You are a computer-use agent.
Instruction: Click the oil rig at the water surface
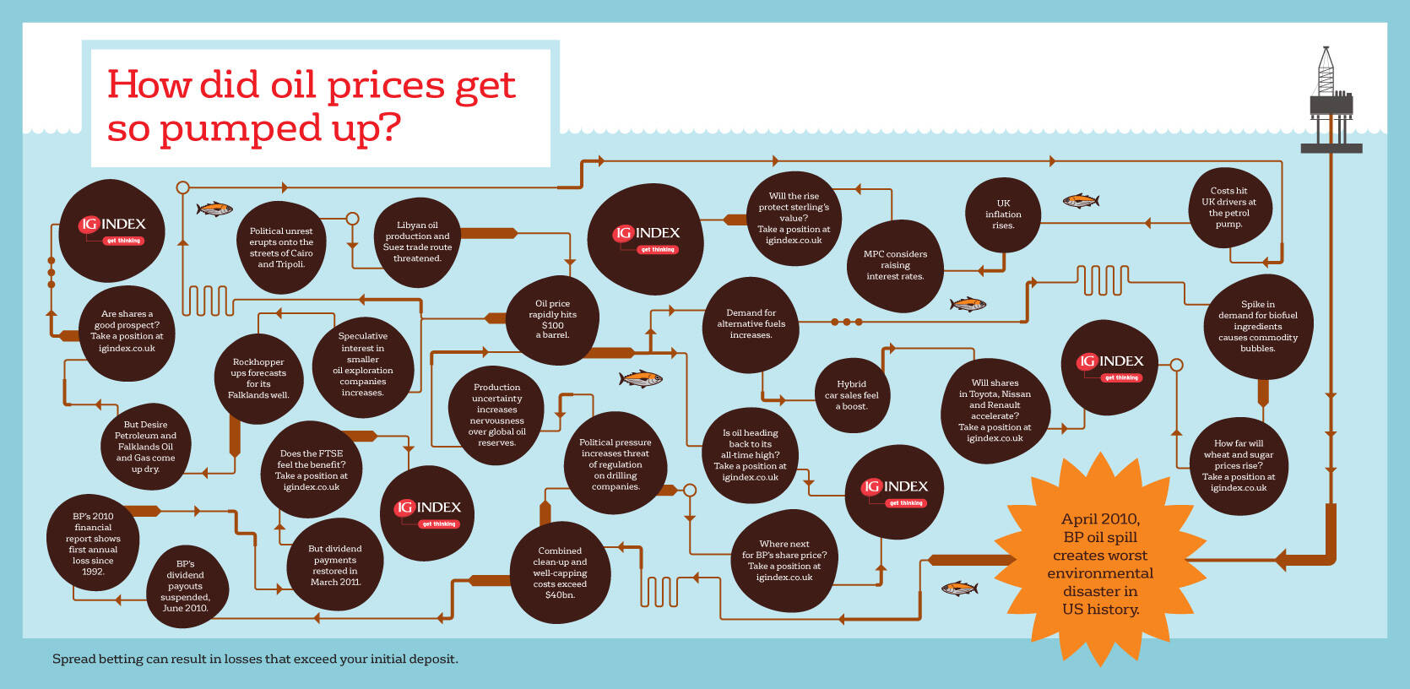point(1331,100)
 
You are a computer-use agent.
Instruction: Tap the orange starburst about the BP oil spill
point(1100,560)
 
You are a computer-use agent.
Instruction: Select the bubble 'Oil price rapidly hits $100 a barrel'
point(552,320)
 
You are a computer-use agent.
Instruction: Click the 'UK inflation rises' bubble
point(1003,214)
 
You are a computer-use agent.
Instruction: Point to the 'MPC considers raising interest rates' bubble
point(895,265)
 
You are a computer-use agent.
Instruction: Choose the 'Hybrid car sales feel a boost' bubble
point(852,395)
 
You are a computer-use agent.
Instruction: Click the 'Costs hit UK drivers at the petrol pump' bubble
point(1229,208)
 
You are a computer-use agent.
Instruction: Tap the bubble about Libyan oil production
point(417,241)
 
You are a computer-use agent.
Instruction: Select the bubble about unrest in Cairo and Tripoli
point(281,247)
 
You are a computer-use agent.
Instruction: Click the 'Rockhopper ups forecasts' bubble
point(258,379)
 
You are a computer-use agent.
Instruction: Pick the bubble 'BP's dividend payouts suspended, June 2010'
point(186,586)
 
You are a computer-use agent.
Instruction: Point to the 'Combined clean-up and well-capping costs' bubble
point(560,572)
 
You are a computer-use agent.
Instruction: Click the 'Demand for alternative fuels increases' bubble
point(751,324)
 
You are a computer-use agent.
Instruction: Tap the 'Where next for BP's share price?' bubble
point(784,561)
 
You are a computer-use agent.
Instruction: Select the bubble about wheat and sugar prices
point(1238,465)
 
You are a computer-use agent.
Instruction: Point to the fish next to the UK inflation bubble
point(1081,201)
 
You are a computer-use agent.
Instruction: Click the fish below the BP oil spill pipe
point(959,589)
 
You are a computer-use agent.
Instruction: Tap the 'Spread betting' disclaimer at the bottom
point(256,659)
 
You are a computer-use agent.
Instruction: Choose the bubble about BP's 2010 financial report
point(93,544)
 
